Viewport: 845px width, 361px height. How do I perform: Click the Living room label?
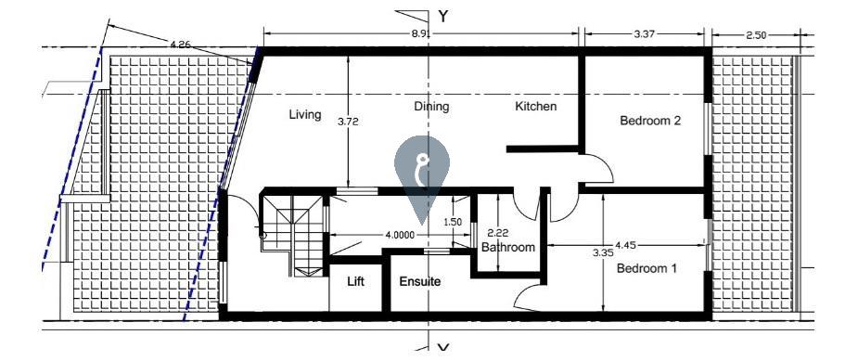(x=305, y=115)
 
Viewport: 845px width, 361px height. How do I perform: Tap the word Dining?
(x=431, y=107)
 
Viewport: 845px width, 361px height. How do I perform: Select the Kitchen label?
(x=536, y=106)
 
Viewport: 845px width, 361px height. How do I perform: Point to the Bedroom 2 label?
(x=650, y=121)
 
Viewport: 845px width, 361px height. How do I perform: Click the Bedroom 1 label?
(x=647, y=268)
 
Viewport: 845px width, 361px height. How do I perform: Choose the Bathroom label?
(x=508, y=247)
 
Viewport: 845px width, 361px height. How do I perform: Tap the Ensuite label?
(x=420, y=281)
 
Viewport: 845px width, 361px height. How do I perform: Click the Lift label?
(x=355, y=281)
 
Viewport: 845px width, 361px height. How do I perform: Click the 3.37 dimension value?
(x=644, y=34)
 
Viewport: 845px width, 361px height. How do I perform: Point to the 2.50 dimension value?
(x=756, y=35)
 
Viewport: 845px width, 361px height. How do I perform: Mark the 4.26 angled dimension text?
(x=181, y=45)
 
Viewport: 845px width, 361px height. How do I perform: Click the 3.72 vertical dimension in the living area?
(x=348, y=122)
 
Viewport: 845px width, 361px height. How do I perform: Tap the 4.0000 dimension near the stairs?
(x=400, y=235)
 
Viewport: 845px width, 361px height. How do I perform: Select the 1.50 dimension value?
(x=453, y=222)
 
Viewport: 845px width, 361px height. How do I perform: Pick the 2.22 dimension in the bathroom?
(x=497, y=234)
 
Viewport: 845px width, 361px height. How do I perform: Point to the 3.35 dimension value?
(x=603, y=251)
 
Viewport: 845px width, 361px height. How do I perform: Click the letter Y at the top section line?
(x=443, y=17)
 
